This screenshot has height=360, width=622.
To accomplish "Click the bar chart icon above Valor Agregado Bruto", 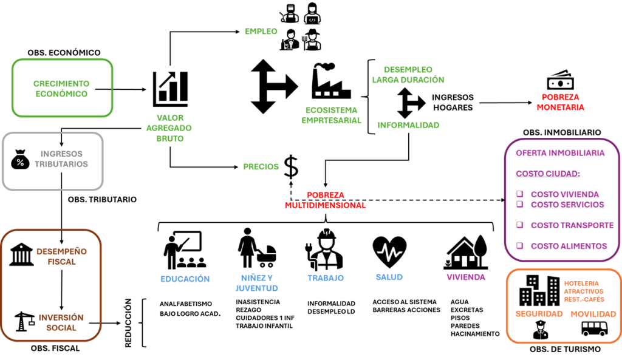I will [170, 87].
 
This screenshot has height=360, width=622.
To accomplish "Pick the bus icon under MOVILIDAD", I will [593, 328].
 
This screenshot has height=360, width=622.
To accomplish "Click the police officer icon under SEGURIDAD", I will [540, 329].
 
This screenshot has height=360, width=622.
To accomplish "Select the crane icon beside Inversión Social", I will [22, 322].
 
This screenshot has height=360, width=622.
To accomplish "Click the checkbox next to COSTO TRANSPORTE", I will [519, 225].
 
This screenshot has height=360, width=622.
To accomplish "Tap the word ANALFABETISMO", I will [185, 303].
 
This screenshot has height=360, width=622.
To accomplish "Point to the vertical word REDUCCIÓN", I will [129, 322].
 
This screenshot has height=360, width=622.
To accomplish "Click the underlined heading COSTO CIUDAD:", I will [548, 174].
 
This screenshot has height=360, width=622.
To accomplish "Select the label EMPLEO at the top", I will [261, 31].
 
